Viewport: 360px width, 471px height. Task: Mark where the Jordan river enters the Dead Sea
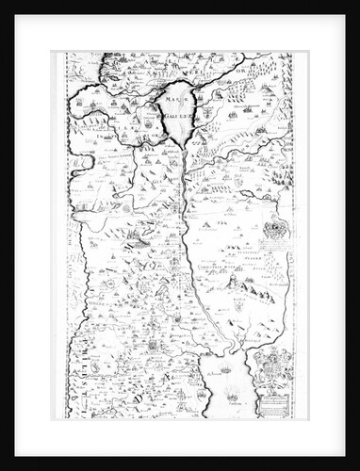[x=224, y=349]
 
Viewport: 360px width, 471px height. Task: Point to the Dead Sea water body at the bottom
[x=230, y=386]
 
